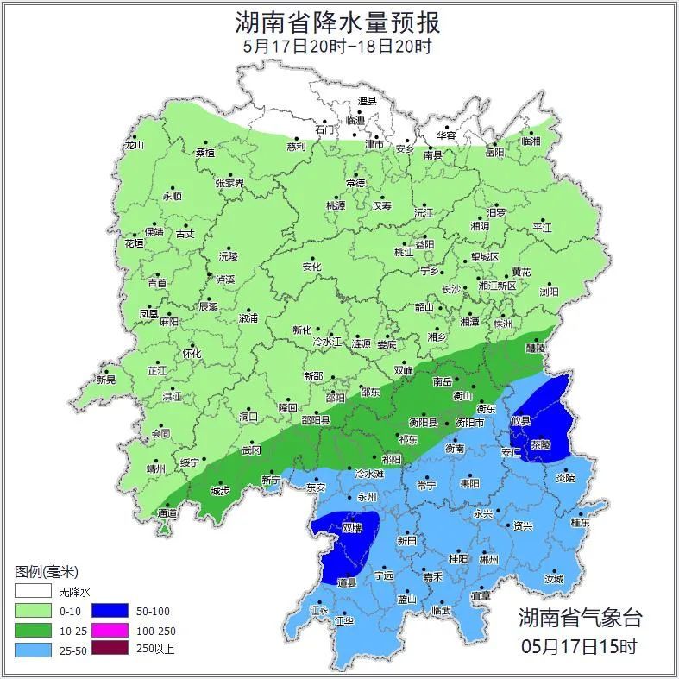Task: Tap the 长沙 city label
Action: (x=450, y=290)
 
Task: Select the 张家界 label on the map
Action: (x=229, y=184)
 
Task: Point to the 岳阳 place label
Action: (x=494, y=153)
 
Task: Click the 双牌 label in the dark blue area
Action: (x=351, y=527)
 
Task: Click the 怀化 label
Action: (x=191, y=354)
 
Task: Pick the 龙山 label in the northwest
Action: (x=134, y=146)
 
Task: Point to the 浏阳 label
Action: (x=549, y=292)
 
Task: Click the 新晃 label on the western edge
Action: (x=105, y=380)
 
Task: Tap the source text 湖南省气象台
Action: (x=580, y=618)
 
